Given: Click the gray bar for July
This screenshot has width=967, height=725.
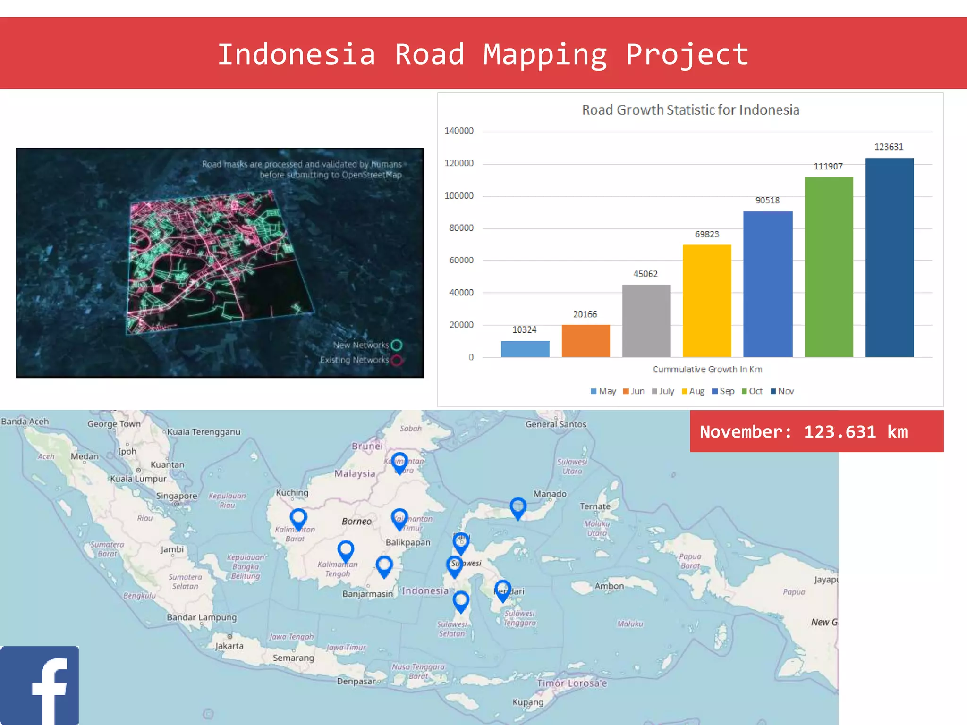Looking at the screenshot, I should [646, 321].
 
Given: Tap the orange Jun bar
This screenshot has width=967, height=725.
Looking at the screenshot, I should [585, 341].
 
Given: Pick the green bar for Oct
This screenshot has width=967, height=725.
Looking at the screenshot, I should [829, 267].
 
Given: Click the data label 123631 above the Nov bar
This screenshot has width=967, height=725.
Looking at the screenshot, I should [889, 147].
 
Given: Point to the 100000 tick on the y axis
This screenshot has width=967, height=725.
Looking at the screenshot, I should [458, 196].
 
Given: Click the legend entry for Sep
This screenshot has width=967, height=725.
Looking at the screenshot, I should [723, 391].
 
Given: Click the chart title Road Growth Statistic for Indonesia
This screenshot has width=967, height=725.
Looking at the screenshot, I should [690, 110].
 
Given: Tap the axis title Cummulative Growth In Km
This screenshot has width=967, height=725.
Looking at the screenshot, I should [707, 370].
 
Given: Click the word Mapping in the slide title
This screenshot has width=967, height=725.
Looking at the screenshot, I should [545, 55].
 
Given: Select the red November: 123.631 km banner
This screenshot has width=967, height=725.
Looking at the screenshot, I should [816, 431].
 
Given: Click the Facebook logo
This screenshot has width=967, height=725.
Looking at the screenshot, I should [39, 685].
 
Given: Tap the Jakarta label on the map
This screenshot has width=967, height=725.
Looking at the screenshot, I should [229, 646].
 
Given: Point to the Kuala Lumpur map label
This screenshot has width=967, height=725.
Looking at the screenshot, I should [138, 479].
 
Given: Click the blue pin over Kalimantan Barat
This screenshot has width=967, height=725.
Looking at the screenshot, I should [298, 518].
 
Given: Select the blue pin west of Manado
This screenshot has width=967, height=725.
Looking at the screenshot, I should [518, 507].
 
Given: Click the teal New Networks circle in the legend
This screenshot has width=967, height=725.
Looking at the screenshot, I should [397, 345].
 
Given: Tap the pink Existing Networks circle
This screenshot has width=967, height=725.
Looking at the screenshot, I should [397, 360].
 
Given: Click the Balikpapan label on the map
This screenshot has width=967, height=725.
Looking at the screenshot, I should [408, 542].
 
